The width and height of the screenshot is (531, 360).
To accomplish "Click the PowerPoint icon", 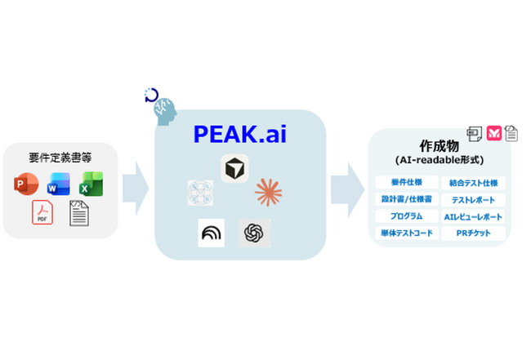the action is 26,184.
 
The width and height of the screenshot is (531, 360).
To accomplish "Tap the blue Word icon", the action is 59,184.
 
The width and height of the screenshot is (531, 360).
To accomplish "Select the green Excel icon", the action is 91,184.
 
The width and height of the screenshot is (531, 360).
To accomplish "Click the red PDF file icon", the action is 42,212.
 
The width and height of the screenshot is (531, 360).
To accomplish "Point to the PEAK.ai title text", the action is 239,134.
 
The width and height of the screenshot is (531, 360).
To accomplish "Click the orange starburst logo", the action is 268,192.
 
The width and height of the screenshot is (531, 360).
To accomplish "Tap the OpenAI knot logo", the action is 254,233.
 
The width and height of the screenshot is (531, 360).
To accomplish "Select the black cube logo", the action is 234,168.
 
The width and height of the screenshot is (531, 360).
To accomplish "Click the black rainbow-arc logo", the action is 212,233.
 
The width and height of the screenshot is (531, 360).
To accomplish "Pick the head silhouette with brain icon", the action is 165,112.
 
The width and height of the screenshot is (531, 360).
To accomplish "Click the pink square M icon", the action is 494,133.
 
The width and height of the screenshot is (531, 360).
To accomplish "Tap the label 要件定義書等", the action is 60,158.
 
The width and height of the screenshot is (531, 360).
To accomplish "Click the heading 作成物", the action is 440,146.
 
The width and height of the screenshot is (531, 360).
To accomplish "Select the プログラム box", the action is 407,216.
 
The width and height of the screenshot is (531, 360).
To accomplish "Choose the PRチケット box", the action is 474,233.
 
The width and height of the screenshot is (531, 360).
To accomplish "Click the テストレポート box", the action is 474,200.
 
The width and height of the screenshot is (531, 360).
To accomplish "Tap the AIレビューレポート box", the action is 474,217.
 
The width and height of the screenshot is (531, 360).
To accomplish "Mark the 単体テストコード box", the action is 407,233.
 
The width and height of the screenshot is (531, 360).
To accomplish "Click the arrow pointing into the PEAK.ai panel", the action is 136,189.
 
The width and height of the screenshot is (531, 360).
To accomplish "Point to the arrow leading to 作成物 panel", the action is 348,189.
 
